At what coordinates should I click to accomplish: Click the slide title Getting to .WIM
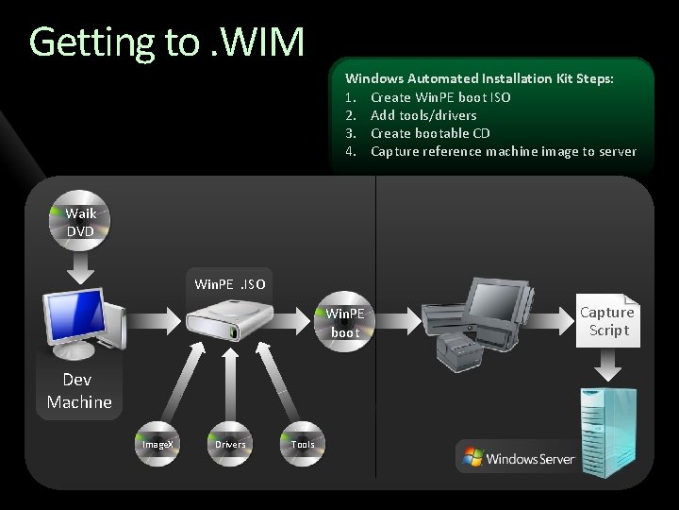(167, 42)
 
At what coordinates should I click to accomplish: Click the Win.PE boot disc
(345, 322)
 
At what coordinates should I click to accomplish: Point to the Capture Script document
(608, 321)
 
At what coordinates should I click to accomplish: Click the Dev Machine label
(79, 391)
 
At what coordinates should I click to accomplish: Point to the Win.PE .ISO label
(230, 284)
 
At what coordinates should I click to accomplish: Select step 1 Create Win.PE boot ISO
(440, 97)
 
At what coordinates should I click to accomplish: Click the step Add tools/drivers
(423, 115)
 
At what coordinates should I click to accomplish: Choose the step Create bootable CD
(430, 133)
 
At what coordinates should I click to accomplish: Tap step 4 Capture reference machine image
(503, 151)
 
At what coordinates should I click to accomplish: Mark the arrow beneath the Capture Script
(607, 364)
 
